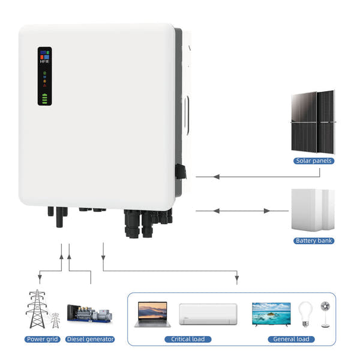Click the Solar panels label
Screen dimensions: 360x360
coord(314,161)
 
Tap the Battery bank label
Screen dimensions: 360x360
coord(314,241)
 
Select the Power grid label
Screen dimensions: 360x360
coord(42,339)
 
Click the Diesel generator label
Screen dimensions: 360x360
coord(90,339)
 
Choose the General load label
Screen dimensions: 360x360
coord(290,339)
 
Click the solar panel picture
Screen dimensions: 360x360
coord(313,122)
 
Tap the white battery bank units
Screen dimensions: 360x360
coord(313,210)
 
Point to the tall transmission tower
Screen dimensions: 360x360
coord(37,309)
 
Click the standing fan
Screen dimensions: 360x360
coord(325,313)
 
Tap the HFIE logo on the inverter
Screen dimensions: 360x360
coord(45,59)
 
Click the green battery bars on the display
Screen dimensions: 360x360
coord(45,97)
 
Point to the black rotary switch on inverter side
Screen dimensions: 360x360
coord(180,172)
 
